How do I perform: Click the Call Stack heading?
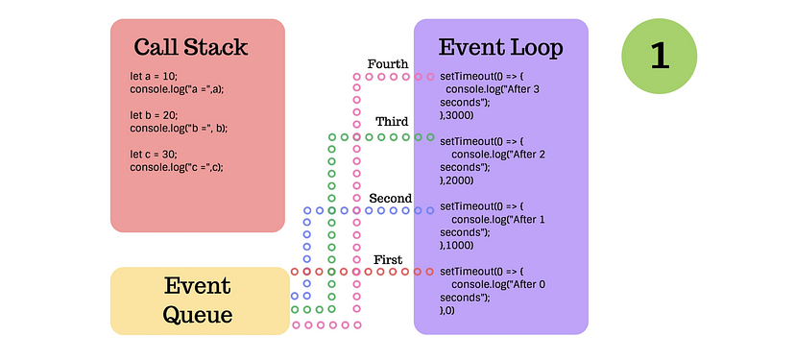click(190, 47)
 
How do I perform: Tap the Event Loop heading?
click(500, 47)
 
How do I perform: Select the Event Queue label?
click(197, 300)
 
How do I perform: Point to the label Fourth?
click(388, 64)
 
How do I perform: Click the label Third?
click(392, 122)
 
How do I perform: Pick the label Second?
click(390, 199)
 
